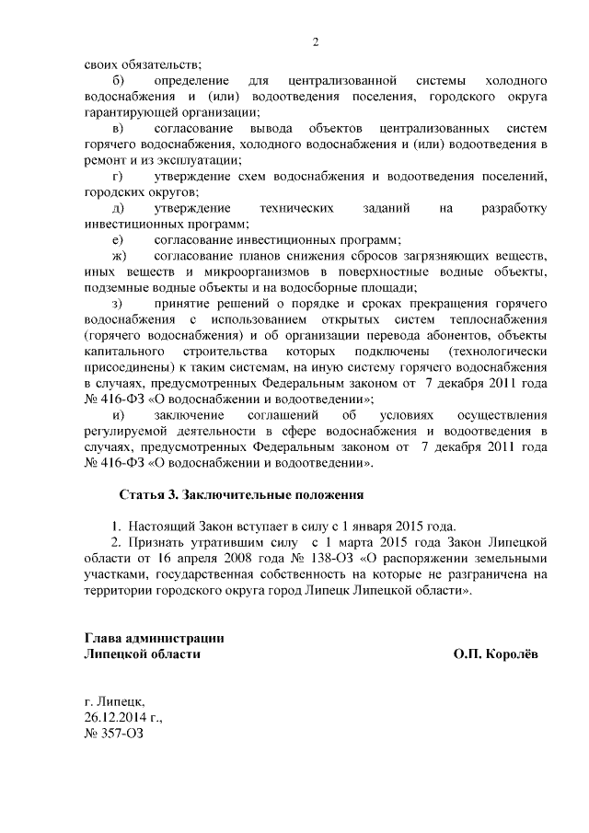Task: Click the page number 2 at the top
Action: (x=315, y=41)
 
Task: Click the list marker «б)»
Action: (x=118, y=82)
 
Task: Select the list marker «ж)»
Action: (x=119, y=255)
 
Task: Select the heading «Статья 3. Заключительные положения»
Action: (x=241, y=494)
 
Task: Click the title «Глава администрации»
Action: (x=154, y=638)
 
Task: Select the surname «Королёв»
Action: (x=510, y=654)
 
